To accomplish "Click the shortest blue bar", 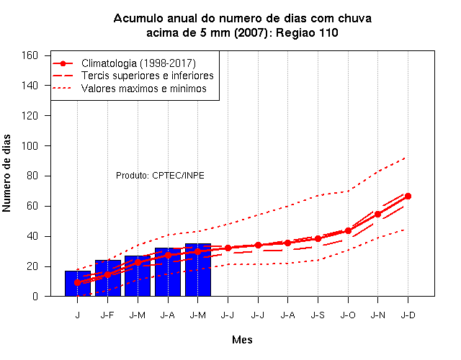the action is (x=78, y=283).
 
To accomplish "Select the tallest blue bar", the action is (x=198, y=270).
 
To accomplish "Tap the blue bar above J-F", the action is (x=108, y=278).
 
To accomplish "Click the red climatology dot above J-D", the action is (x=408, y=196).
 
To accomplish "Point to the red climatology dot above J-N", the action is (x=377, y=215).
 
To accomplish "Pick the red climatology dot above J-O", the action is (x=348, y=230).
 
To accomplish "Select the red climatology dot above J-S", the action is (x=318, y=238).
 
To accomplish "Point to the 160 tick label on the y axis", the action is (x=30, y=55).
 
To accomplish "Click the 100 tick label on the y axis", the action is (x=30, y=145).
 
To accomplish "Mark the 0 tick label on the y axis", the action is (x=35, y=296).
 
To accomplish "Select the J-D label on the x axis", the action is (x=408, y=315).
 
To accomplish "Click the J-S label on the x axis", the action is (x=318, y=315).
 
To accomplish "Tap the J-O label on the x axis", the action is (x=348, y=315).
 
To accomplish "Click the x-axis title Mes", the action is (x=242, y=340).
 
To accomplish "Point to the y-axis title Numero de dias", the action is (x=6, y=173).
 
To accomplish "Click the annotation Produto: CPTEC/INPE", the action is (x=160, y=176).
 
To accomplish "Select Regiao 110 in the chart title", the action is (x=307, y=32).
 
